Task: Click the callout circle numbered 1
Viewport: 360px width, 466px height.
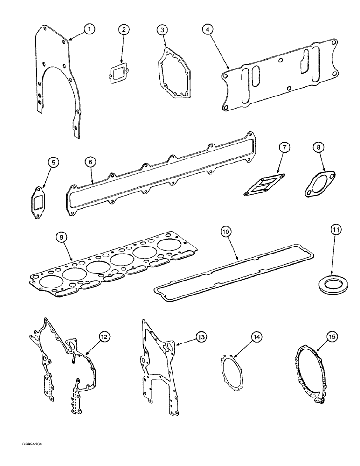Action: pyautogui.click(x=90, y=29)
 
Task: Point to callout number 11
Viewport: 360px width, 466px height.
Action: pyautogui.click(x=337, y=229)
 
